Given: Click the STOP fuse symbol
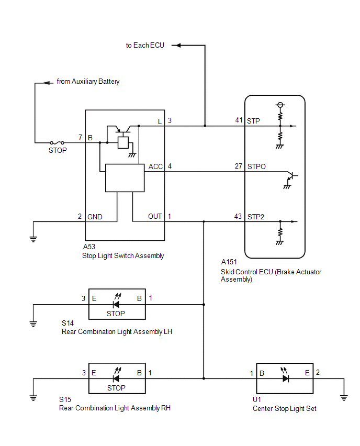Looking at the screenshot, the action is point(57,142).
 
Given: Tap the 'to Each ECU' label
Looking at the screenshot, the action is point(145,45).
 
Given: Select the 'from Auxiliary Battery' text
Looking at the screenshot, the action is point(88,81).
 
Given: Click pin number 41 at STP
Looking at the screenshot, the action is point(239,120).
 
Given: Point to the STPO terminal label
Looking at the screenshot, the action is point(256,166).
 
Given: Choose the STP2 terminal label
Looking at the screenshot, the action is point(256,217).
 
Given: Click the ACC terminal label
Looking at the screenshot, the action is point(155,166).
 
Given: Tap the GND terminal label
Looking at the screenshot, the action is point(95,217).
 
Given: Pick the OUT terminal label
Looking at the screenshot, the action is point(155,217).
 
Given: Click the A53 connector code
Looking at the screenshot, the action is point(89,247).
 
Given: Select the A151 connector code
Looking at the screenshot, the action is point(229,262).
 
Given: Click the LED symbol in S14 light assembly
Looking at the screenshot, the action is point(117,301).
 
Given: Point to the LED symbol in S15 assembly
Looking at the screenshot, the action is point(117,375).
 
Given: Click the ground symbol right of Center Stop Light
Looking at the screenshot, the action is point(344,398).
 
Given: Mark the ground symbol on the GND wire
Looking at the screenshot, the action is point(33,239).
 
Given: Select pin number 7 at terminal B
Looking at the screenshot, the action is point(81,137).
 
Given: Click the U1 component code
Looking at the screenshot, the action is point(257,399).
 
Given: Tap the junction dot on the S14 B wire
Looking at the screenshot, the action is point(204,305).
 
